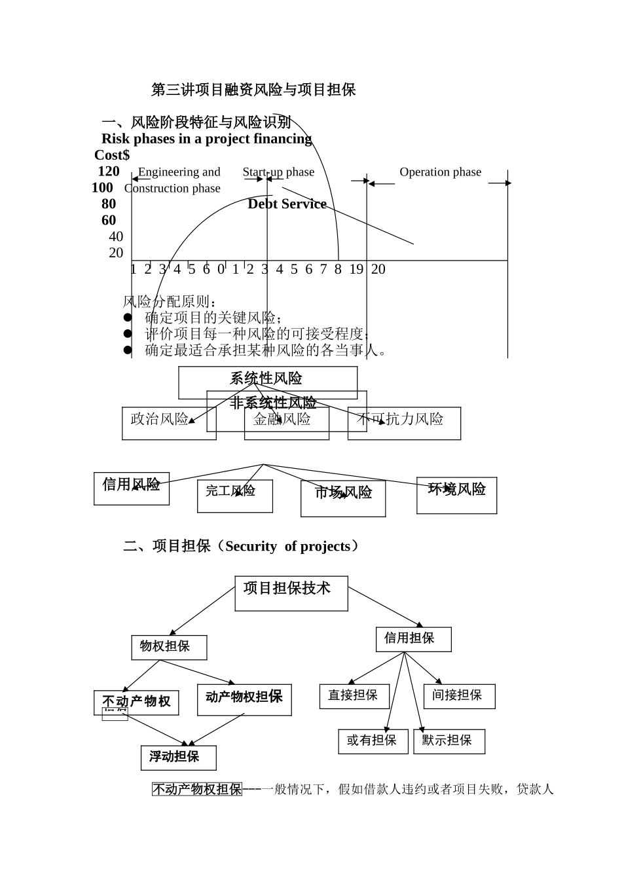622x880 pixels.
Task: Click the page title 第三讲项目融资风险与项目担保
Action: [253, 90]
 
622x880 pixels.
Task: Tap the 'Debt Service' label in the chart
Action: [287, 204]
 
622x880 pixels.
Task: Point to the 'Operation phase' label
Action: [440, 172]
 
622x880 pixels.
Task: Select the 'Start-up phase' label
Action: [278, 172]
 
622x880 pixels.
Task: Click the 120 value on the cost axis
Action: [109, 172]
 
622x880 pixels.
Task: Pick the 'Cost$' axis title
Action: [112, 155]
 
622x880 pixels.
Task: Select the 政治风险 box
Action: [160, 423]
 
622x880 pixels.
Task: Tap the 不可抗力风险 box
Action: [404, 423]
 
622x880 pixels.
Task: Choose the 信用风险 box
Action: [131, 488]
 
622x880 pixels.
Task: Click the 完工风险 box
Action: [234, 496]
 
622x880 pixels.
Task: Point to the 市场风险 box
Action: [343, 498]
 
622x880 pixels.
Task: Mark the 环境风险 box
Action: [456, 495]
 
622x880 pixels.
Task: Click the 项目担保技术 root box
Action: [291, 593]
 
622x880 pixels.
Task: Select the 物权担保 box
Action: [169, 647]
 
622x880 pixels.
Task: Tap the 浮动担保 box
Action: [178, 758]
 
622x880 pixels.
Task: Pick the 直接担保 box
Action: [354, 696]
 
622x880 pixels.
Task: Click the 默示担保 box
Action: [448, 741]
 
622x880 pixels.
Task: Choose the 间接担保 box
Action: [458, 696]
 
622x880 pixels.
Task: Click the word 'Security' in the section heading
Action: [251, 547]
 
